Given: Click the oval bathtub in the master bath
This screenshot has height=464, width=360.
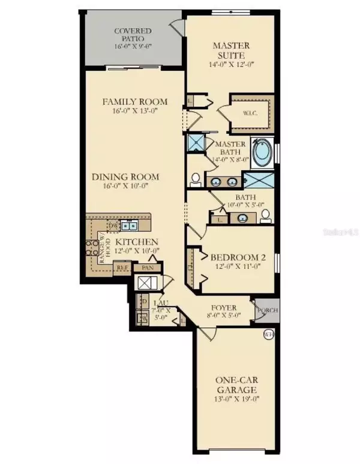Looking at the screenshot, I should point(262,152).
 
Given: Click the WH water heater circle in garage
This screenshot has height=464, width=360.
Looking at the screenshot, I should point(267,334).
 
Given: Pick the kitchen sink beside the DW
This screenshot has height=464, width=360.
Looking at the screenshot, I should point(129,226).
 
